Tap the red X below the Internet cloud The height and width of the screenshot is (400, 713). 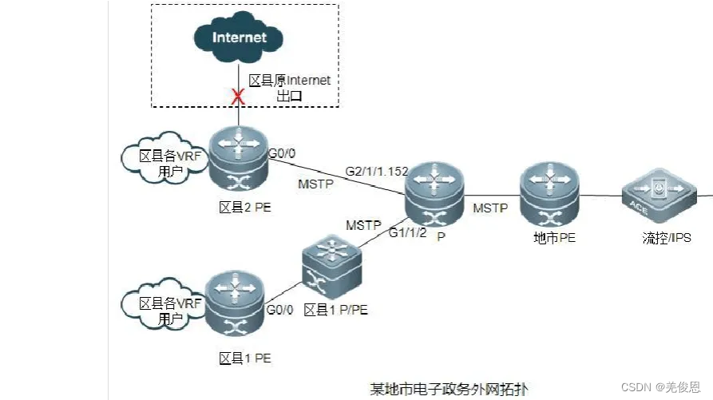(236, 97)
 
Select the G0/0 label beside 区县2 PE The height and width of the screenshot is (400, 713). (282, 152)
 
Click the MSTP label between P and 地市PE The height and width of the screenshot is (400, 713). (490, 208)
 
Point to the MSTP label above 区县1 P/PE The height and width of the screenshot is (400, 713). (363, 225)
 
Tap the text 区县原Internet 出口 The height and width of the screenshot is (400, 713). (289, 88)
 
